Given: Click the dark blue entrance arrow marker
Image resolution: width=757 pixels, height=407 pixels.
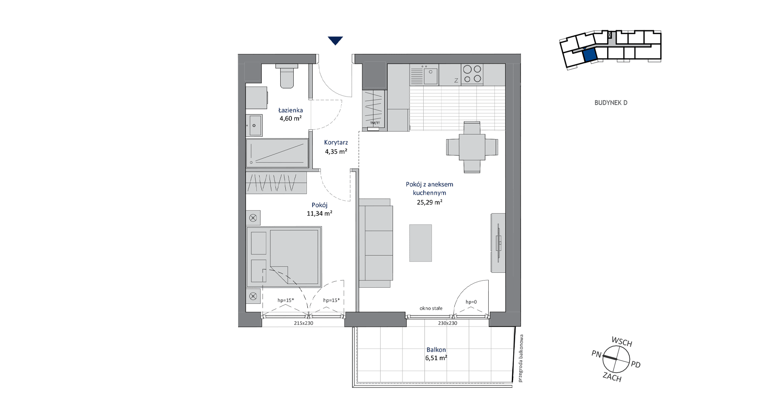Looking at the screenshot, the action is [335, 41].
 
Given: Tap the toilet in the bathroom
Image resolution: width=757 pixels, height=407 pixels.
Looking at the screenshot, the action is [287, 76].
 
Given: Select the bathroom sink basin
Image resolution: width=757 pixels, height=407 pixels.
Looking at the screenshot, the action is [254, 125].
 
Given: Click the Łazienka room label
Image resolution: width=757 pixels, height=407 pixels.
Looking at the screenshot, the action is [290, 110].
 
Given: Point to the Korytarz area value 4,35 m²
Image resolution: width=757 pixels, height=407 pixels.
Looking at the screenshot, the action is [336, 152].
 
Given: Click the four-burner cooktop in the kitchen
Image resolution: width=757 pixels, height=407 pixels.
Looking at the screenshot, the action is [472, 74].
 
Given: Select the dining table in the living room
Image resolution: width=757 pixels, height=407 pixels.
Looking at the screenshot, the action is [472, 147].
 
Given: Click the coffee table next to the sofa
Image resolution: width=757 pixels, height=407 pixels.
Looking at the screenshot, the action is [420, 243].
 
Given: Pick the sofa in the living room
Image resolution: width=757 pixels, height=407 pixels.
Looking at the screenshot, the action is [376, 243].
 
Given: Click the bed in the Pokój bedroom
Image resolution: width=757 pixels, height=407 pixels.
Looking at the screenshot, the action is [284, 257].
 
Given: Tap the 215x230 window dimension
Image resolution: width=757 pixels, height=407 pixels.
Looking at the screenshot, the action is [304, 323].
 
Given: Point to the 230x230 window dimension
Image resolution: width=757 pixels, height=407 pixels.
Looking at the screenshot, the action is [448, 323].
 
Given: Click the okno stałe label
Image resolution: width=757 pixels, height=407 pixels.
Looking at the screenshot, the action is [431, 308].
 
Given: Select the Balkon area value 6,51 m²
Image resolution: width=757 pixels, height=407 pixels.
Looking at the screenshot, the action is [436, 358].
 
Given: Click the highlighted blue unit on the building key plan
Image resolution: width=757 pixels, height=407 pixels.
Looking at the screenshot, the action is [589, 55].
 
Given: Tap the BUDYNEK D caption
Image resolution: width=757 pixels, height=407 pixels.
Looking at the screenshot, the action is [611, 103].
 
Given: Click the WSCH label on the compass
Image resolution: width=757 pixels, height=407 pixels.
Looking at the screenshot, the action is [622, 342].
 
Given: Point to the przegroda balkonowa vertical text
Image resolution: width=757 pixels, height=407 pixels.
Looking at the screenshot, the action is [521, 358].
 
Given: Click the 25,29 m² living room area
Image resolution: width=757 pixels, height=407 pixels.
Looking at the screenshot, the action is [429, 203].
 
